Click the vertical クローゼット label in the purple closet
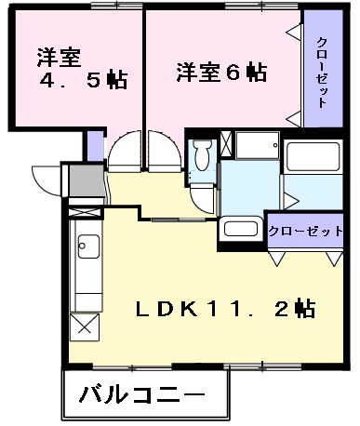[x=322, y=73]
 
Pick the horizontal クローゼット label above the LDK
[x=306, y=231]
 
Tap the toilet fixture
[x=201, y=164]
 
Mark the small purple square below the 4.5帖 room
[x=95, y=145]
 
